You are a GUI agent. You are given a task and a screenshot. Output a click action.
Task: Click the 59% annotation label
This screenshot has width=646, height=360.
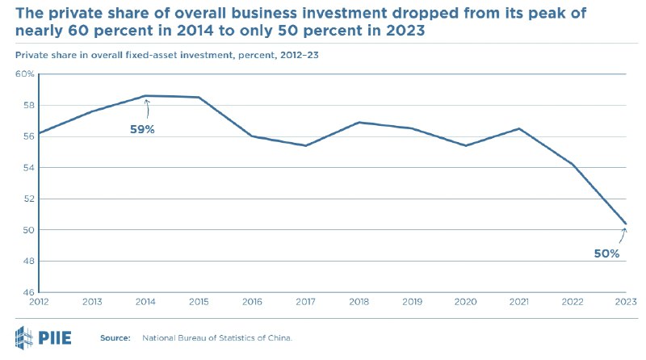[x=142, y=129]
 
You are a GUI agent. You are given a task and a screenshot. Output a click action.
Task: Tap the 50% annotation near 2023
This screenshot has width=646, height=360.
[x=606, y=253]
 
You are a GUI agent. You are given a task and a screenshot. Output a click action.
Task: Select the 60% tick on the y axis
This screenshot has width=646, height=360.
[x=24, y=74]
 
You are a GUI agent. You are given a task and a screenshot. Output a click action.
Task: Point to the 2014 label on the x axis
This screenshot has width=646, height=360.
[x=145, y=302]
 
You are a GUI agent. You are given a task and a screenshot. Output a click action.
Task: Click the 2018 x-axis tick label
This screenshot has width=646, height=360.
[x=359, y=302]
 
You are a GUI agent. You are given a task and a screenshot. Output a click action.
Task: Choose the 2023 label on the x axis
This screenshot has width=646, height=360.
[x=625, y=302]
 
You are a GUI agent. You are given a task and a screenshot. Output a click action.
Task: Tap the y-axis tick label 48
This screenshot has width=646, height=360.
[x=27, y=262]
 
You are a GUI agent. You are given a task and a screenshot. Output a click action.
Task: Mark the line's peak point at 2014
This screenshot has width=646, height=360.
[x=146, y=96]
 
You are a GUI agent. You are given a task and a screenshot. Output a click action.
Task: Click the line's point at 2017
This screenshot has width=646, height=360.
[x=305, y=145]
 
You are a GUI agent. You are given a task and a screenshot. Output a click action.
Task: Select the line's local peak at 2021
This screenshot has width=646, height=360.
[x=519, y=128]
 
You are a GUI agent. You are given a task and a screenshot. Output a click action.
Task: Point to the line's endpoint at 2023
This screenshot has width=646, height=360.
[x=626, y=224]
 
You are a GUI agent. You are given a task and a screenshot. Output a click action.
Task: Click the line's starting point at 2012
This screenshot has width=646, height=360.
[x=39, y=133]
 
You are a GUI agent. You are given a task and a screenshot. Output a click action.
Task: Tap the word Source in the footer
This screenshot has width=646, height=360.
[x=114, y=337]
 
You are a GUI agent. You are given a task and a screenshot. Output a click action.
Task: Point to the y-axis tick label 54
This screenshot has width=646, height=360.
[x=27, y=168]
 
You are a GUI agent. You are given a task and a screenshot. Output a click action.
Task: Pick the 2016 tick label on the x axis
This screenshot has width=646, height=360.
[x=252, y=302]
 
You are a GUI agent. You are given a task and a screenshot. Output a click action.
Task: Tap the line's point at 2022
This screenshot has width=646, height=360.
[x=573, y=165]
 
